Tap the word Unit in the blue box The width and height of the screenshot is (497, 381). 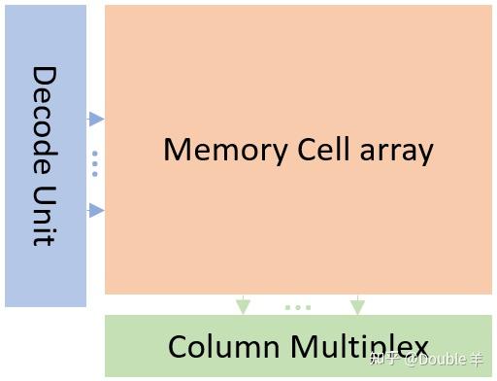45,216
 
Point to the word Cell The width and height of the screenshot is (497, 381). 314,150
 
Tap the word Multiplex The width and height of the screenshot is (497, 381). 359,347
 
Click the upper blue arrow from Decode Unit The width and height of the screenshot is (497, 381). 95,119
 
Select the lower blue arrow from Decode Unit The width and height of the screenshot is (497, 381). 95,210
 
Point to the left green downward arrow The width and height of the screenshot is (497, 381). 243,305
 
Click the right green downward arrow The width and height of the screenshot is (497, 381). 357,305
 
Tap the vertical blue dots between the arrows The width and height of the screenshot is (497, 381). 95,163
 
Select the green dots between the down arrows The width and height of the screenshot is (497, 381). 298,307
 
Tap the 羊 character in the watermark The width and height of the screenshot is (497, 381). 477,360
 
